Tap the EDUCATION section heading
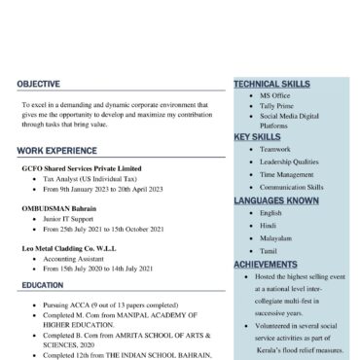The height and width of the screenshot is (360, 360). [43, 285]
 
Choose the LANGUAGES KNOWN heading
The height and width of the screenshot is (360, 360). [276, 200]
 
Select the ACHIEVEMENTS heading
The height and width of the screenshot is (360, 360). [266, 264]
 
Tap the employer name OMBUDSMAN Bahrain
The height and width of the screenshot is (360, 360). [59, 208]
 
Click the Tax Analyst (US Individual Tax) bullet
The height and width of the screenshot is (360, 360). [89, 179]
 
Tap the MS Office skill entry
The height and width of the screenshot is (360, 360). [275, 95]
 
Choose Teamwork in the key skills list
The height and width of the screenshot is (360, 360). [275, 149]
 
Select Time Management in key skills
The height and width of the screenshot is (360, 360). [287, 174]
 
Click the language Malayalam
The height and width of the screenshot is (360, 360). [277, 237]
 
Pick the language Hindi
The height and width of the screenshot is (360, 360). [269, 225]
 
